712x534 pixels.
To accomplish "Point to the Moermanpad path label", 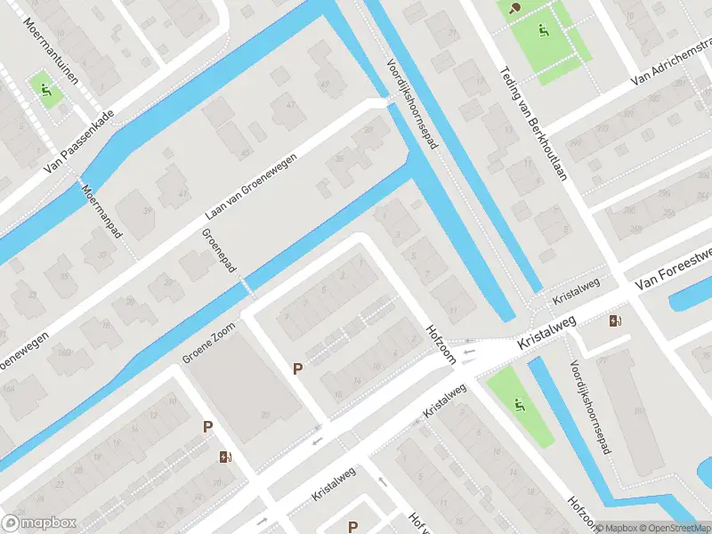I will coord(101,211).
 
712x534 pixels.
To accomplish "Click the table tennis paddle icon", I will coord(515,8).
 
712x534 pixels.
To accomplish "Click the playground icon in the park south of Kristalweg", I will coord(519,406).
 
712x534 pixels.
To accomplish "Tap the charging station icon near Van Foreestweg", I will coord(615,320).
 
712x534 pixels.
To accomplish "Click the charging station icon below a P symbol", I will coord(226,457).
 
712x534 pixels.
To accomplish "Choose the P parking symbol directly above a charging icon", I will coord(208,427).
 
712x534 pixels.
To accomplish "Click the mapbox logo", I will coord(38,523).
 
